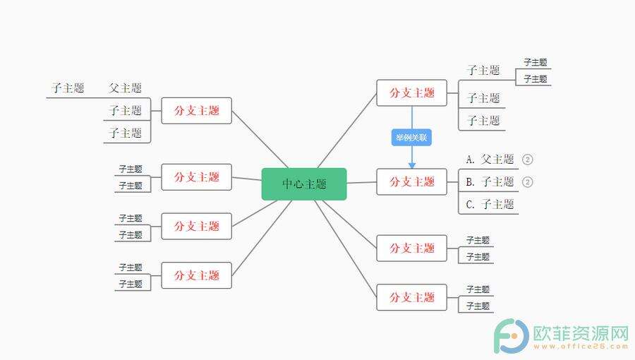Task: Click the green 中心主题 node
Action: [304, 184]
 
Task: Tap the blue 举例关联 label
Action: [411, 138]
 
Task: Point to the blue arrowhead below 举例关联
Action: [412, 165]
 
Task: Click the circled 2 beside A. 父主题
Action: [527, 160]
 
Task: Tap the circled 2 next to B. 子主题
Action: [527, 182]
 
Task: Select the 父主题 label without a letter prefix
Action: [125, 88]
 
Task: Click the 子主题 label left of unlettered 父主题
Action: [68, 88]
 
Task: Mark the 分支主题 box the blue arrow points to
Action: [412, 182]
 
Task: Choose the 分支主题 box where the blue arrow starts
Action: [412, 92]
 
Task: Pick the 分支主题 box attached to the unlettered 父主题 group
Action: [196, 111]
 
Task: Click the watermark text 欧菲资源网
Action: [581, 334]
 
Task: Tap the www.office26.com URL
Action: [581, 347]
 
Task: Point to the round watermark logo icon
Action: [511, 336]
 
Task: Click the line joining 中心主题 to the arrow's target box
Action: [362, 183]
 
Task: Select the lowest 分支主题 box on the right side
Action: [412, 297]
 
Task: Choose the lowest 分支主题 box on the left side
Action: [196, 275]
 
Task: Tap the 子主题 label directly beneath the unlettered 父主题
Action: [125, 111]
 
